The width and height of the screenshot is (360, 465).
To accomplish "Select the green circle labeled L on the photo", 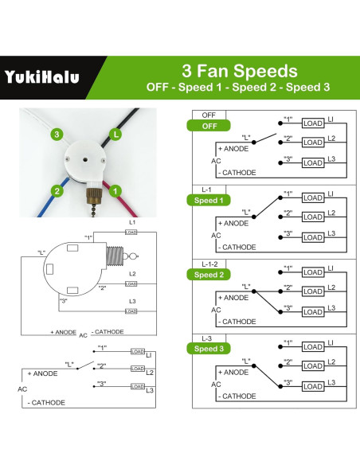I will click(116, 135).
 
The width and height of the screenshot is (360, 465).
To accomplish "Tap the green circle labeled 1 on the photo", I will click(115, 190).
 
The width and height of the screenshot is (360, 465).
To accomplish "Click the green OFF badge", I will click(209, 126).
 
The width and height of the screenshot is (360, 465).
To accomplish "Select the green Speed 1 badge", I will click(209, 200).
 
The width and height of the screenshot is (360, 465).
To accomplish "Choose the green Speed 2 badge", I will click(209, 275).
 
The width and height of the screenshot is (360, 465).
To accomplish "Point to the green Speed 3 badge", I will click(209, 349).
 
